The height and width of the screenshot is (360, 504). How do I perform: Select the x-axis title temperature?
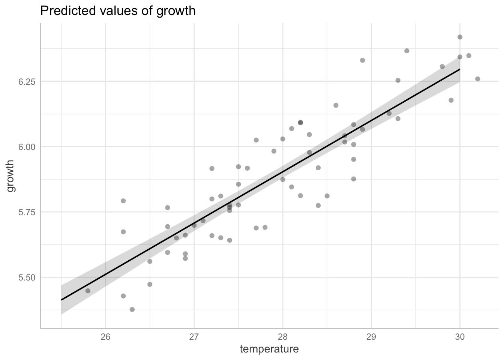point(269,349)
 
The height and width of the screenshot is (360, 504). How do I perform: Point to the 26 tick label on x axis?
point(105,336)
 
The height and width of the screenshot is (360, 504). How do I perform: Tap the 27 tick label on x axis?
point(194,336)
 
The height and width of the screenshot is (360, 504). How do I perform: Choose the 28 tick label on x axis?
point(283,336)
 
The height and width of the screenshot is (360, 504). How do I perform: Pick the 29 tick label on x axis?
point(371,336)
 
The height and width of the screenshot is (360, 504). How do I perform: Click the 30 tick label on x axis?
point(460,336)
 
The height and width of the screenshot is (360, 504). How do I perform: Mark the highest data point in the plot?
point(460,37)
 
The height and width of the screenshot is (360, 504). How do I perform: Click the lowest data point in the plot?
point(132,309)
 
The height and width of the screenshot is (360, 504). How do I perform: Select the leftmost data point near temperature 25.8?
point(88,291)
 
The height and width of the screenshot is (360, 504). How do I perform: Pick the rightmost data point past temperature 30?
point(478,79)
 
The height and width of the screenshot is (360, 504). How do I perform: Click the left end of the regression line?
point(61,300)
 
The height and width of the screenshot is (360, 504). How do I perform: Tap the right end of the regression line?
point(460,69)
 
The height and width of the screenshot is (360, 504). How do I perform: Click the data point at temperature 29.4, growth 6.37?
point(407,51)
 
